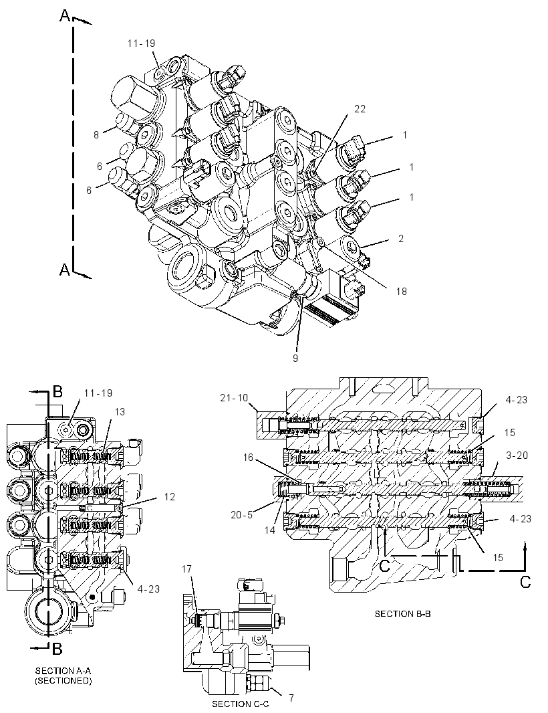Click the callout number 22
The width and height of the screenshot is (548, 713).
pyautogui.click(x=360, y=109)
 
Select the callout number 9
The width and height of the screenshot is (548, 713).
pyautogui.click(x=295, y=358)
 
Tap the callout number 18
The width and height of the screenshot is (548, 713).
pyautogui.click(x=401, y=291)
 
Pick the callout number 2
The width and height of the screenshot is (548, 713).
pyautogui.click(x=401, y=238)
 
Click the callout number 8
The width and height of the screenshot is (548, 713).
pyautogui.click(x=96, y=134)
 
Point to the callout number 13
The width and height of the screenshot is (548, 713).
pyautogui.click(x=120, y=411)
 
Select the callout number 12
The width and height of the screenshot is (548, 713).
pyautogui.click(x=170, y=497)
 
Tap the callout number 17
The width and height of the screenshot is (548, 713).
pyautogui.click(x=186, y=569)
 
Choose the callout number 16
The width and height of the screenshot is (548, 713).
pyautogui.click(x=247, y=457)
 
